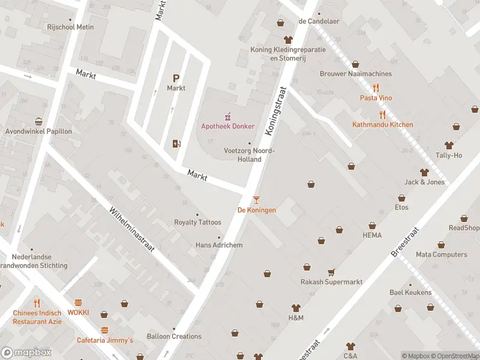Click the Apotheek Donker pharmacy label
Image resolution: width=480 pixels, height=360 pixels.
click(x=227, y=126)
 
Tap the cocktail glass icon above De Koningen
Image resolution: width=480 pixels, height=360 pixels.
click(x=257, y=199)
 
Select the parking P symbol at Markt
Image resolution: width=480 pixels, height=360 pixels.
click(x=176, y=78)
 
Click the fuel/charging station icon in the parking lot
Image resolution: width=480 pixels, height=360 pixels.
click(x=176, y=143)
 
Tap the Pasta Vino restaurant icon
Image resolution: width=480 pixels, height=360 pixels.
click(x=376, y=88)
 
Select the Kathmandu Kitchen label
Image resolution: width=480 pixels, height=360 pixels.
click(x=382, y=125)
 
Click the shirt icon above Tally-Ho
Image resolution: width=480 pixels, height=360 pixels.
click(x=449, y=145)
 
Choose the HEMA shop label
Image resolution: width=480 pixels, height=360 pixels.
click(x=372, y=235)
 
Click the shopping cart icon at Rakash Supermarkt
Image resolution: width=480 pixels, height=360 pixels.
click(x=331, y=272)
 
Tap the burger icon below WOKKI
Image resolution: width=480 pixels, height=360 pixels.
click(x=105, y=331)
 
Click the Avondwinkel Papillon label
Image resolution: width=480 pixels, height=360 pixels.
click(x=38, y=131)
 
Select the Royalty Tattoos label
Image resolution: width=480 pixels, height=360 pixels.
click(x=197, y=222)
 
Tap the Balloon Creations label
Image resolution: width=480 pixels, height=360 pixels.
click(x=174, y=336)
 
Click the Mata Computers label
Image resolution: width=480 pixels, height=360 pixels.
click(x=441, y=254)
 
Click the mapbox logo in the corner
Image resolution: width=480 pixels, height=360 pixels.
click(x=26, y=353)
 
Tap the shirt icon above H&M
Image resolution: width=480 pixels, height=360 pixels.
click(x=296, y=307)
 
